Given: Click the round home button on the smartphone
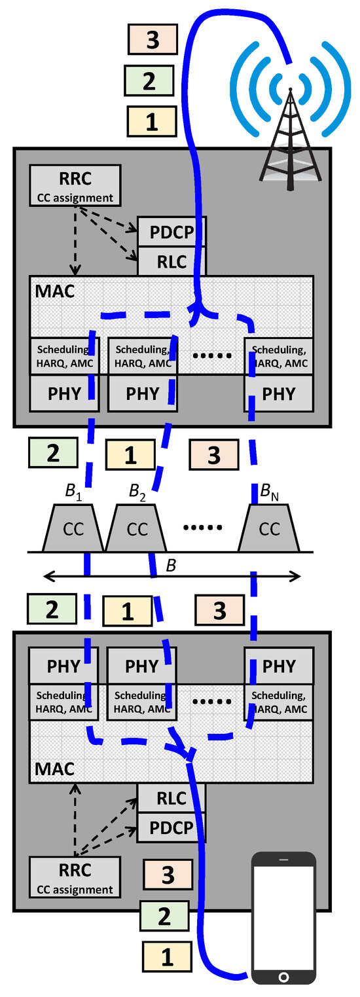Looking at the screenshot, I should [283, 977].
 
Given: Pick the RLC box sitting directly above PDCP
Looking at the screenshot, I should [171, 799].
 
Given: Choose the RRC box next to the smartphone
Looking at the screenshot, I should [75, 878].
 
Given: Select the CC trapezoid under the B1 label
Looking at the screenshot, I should [73, 530].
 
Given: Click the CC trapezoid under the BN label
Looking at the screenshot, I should [269, 530].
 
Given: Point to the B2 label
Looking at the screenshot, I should [137, 490].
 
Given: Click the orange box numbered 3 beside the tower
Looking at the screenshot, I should [152, 39].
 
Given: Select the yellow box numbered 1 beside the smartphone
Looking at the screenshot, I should [168, 958].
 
